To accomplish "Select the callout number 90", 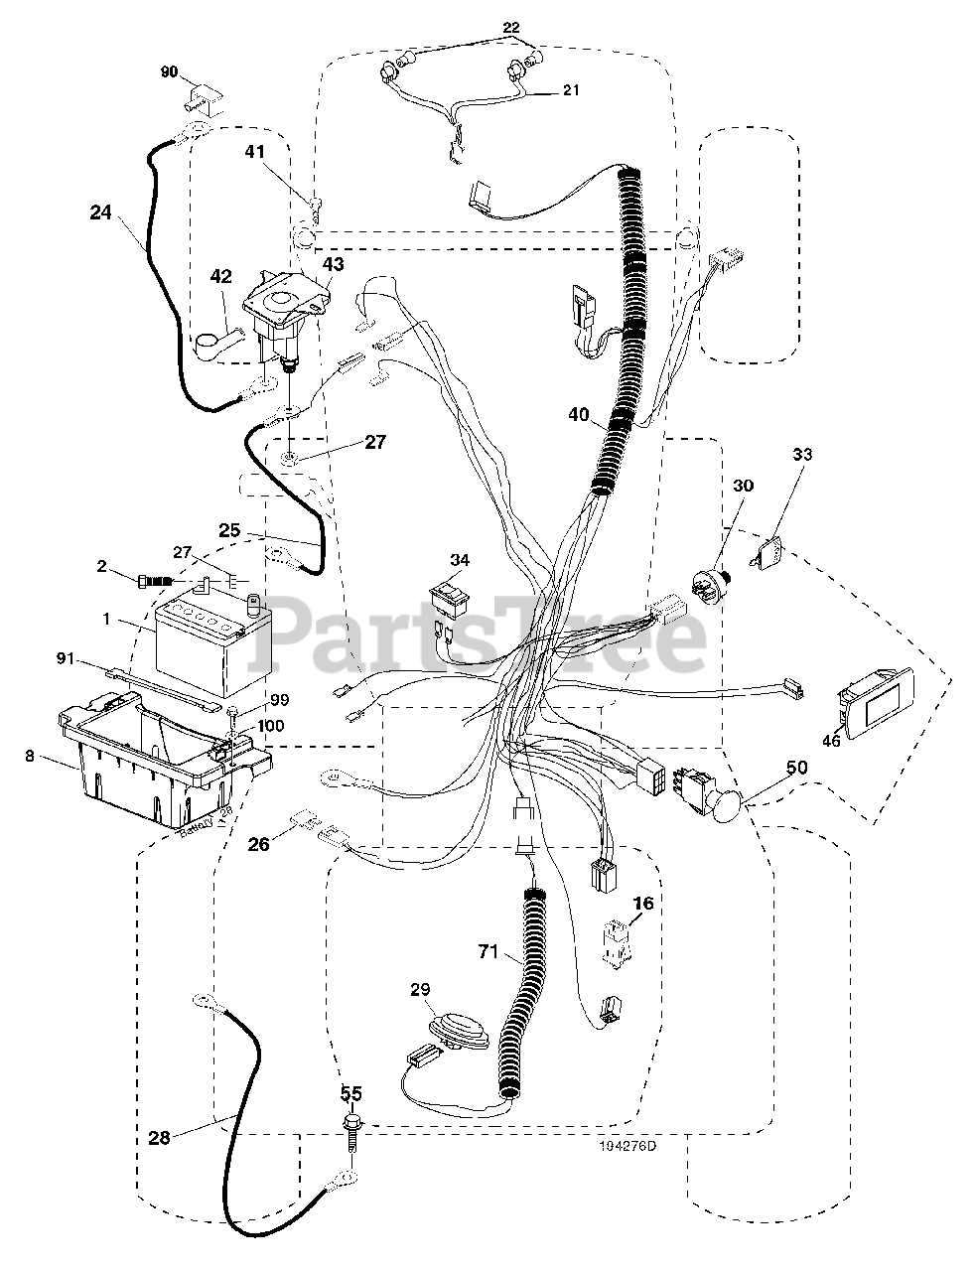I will point(170,71).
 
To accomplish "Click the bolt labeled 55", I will point(351,1123).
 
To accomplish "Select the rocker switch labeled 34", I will point(449,595).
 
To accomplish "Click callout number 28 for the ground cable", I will point(158,1138).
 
